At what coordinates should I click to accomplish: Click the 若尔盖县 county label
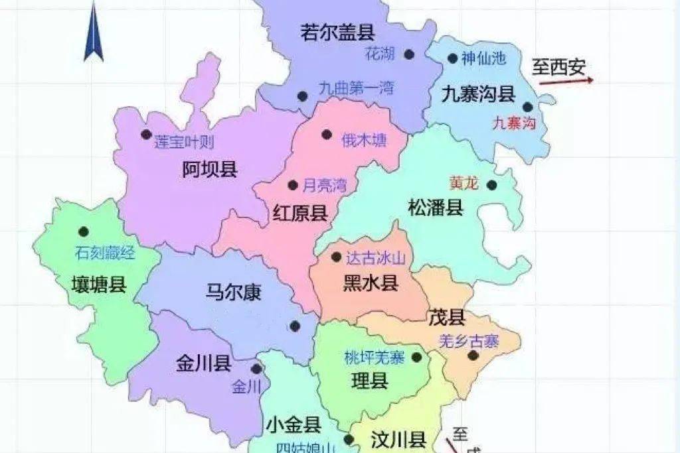click(338, 32)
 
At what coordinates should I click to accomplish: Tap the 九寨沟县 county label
click(479, 95)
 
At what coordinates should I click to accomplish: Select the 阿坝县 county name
click(210, 170)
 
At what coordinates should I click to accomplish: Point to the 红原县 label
click(300, 213)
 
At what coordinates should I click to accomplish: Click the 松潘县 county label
click(436, 208)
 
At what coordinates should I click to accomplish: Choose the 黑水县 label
click(371, 284)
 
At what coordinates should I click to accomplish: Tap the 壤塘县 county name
click(99, 286)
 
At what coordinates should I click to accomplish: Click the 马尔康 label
click(233, 292)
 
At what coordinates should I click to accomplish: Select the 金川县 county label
click(203, 363)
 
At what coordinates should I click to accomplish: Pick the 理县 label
click(369, 381)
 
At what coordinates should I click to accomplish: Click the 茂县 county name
click(447, 317)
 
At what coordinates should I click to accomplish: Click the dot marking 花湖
click(410, 54)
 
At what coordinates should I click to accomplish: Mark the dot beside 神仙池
click(453, 58)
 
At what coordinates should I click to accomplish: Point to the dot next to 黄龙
click(491, 185)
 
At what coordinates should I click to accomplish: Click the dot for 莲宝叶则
click(146, 134)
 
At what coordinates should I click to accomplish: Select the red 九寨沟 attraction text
click(514, 123)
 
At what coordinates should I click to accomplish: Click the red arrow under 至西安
click(566, 82)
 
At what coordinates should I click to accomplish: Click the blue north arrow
click(93, 33)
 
